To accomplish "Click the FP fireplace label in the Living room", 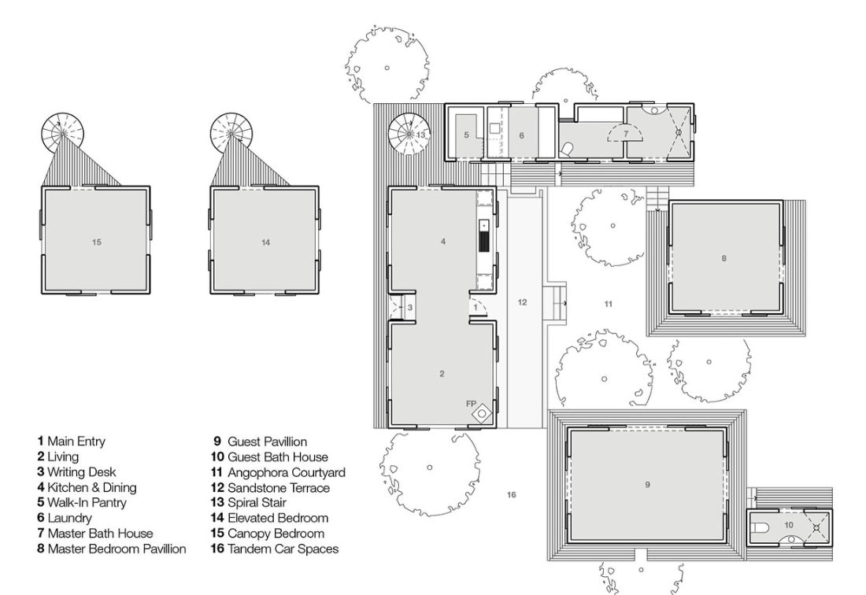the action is coord(471,404).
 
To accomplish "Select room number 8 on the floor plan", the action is coord(724,258).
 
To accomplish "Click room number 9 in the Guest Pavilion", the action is coord(647,485).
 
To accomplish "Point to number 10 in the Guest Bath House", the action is coord(789,525).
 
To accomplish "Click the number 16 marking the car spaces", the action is coord(511,494).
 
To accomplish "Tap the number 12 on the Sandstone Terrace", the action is coord(522,302).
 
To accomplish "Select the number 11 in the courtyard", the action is coord(608,304).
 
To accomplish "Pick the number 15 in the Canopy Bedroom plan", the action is coord(97,242).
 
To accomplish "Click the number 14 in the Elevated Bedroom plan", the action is coord(265,242).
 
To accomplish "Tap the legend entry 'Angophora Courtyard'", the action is coord(286,472).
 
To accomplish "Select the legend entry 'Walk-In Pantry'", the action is coord(87,503).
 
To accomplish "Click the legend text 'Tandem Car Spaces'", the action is coord(283,549).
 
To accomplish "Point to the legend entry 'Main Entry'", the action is coord(76,441).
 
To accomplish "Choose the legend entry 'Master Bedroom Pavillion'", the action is coord(117,549).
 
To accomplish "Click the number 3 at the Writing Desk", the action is coord(410,308).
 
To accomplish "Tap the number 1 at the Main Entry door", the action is coord(475,307).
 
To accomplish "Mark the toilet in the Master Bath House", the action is coord(567,149).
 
